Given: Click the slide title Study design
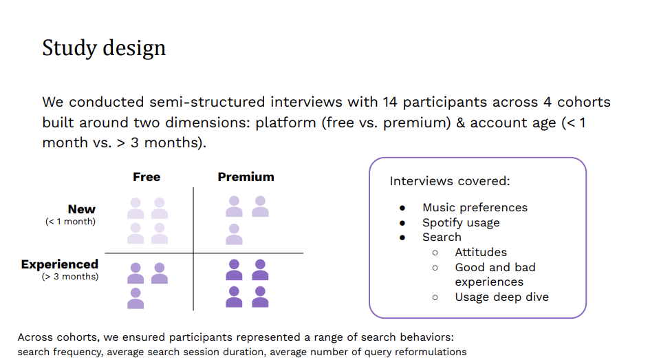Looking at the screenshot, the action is coord(104,48).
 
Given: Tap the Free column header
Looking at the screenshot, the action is coord(147,177).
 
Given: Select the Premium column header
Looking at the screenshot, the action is coord(246,177).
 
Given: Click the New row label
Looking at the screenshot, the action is coord(82,209).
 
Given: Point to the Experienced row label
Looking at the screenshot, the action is coord(60,264).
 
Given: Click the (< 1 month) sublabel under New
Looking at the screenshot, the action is coord(70,222).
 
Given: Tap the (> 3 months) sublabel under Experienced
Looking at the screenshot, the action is coord(69,277).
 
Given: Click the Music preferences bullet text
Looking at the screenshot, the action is coord(475,207).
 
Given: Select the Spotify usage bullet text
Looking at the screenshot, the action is coord(461,222).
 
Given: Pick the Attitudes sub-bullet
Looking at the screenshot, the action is coord(481,252).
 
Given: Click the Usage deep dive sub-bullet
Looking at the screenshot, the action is coord(501,297).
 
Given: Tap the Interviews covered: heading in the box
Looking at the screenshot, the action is coord(449,181).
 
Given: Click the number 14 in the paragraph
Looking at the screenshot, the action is coord(390,103).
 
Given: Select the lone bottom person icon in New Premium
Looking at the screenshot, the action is coord(234,234).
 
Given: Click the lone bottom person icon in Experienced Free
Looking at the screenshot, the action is coord(136,298).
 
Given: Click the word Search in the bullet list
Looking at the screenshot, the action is coord(442,237).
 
